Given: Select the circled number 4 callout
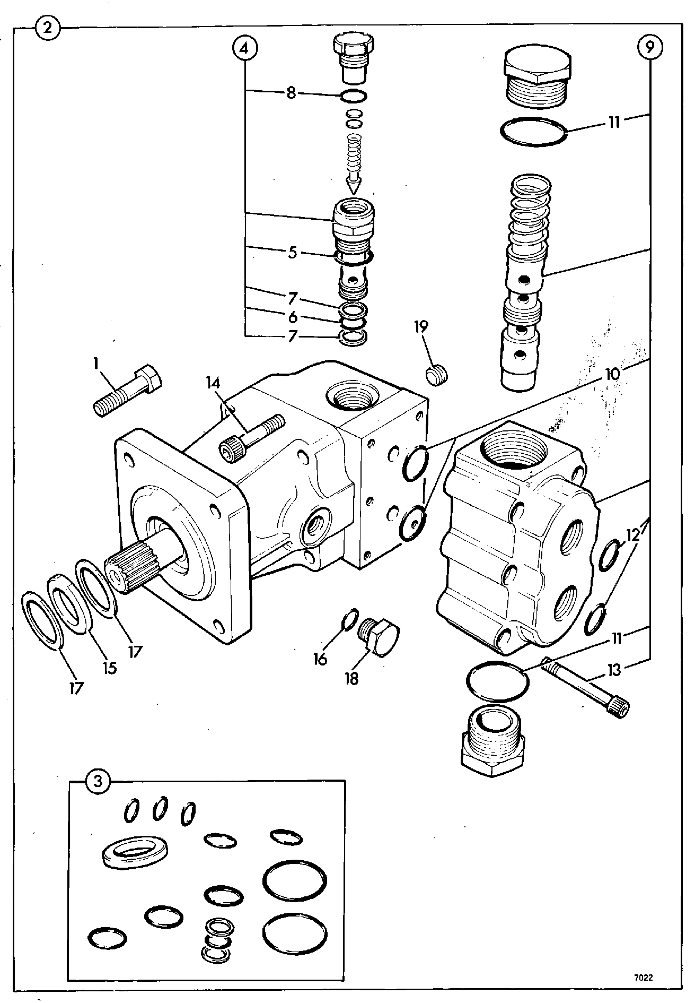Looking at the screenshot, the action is [x=245, y=48].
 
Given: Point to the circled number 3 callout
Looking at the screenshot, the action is [x=97, y=781].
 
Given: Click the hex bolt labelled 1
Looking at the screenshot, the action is [x=126, y=392].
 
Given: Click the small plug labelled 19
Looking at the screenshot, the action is [x=437, y=376].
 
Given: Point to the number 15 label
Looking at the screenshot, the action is [x=110, y=668].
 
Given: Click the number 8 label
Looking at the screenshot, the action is [x=291, y=93].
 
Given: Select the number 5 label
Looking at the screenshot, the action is [x=292, y=252].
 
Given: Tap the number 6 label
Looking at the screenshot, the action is [x=292, y=317].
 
